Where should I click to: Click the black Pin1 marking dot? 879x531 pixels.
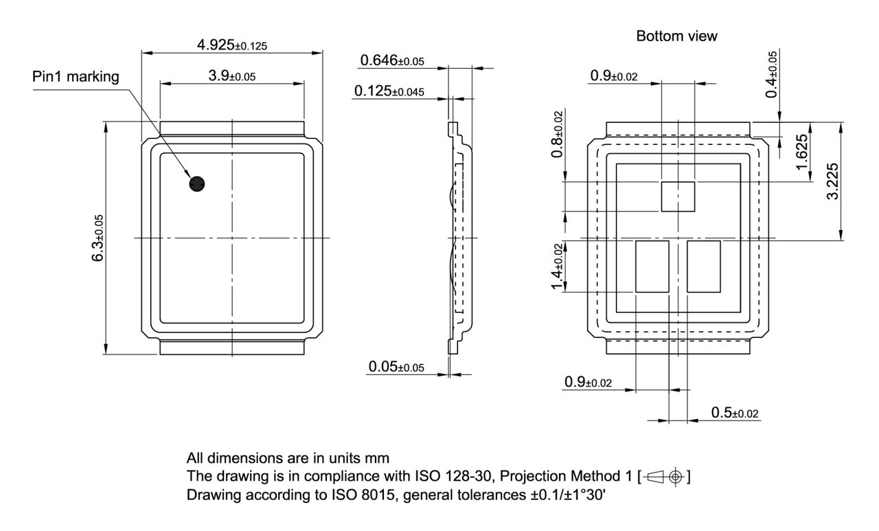click(197, 183)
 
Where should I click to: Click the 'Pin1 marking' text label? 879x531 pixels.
click(76, 77)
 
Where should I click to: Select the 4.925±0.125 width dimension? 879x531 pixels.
click(232, 45)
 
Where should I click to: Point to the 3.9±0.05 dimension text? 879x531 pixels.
click(232, 76)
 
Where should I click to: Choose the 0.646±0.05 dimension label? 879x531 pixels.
click(392, 61)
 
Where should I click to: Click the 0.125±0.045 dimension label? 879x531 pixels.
click(389, 91)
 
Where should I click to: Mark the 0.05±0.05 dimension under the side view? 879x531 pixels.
click(396, 367)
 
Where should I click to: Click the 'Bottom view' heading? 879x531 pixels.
click(676, 36)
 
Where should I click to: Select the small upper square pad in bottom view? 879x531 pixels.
click(678, 196)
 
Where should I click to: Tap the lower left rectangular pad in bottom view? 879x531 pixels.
click(652, 267)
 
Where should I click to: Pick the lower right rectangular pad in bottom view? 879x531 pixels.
click(704, 267)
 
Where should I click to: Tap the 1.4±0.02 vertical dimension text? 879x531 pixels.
click(558, 267)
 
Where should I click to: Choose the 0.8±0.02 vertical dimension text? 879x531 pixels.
click(558, 135)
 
